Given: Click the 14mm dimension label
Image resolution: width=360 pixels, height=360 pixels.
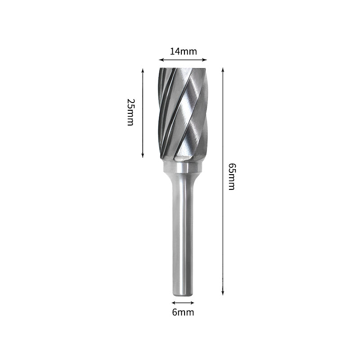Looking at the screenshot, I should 183,51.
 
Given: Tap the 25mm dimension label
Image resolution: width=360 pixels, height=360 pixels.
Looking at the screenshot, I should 130,112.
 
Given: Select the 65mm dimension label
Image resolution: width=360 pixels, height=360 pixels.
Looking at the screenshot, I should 231,177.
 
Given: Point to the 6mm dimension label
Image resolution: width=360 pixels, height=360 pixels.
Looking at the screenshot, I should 183,312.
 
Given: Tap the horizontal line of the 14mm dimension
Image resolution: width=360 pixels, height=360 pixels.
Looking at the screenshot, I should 183,59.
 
